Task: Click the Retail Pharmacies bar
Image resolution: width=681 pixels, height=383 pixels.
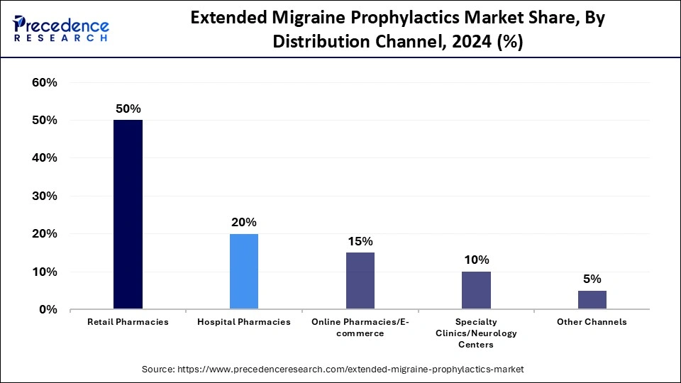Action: [x=128, y=214]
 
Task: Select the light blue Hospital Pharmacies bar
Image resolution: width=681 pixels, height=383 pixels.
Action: [x=244, y=271]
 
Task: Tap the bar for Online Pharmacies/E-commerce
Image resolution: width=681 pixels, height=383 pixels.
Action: [x=360, y=281]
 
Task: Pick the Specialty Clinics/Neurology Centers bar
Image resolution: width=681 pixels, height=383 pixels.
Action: [x=476, y=290]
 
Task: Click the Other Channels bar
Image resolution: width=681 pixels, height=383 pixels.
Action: [x=592, y=299]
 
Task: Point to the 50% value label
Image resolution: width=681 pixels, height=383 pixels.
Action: [x=128, y=109]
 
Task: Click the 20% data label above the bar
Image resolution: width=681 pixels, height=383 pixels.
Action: [x=244, y=222]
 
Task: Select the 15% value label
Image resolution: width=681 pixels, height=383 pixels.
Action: [x=360, y=241]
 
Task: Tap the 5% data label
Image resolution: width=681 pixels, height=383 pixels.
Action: [x=592, y=279]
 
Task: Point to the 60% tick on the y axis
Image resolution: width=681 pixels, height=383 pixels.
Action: [x=44, y=83]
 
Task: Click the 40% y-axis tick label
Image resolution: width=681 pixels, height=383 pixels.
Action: [x=44, y=158]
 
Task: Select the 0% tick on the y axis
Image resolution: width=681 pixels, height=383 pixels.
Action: [x=48, y=309]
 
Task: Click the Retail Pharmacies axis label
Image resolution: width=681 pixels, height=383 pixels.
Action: [x=128, y=322]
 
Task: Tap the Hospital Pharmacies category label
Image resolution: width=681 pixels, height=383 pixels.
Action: [x=244, y=322]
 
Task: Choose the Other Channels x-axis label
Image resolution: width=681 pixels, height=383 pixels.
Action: [x=592, y=322]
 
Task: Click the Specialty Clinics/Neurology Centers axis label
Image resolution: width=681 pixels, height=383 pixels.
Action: [x=476, y=333]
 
